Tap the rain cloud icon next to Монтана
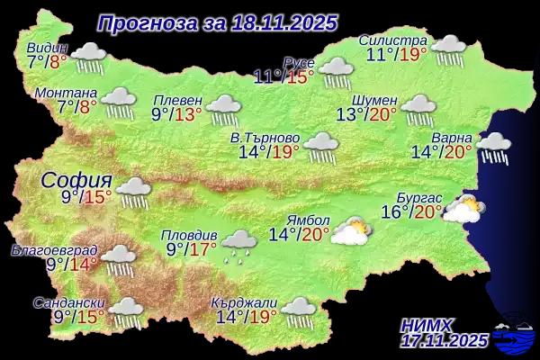(119, 102)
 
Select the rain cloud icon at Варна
(492, 148)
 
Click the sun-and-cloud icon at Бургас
(463, 210)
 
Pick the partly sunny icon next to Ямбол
(349, 231)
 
